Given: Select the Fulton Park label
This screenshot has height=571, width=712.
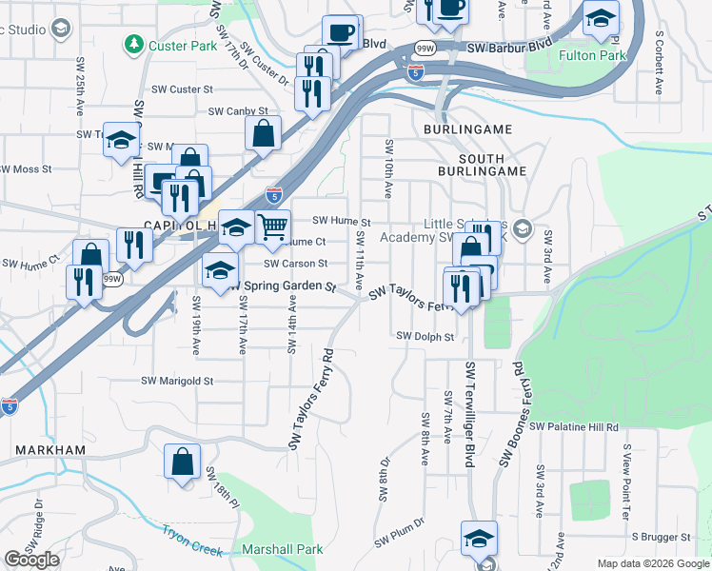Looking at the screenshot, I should [x=592, y=56].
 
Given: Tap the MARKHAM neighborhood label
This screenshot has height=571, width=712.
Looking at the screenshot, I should [x=50, y=449].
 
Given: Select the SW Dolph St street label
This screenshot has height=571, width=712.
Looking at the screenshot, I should [x=425, y=336].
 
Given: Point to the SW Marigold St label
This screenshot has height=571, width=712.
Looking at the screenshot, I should [x=177, y=381].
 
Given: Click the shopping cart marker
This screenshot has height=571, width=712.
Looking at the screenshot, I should [x=272, y=226].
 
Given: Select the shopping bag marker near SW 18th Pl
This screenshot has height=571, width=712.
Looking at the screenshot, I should [x=182, y=463].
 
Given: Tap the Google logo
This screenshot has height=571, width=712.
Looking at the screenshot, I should [x=31, y=561].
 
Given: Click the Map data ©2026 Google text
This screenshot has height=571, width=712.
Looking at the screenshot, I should [x=653, y=563].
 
